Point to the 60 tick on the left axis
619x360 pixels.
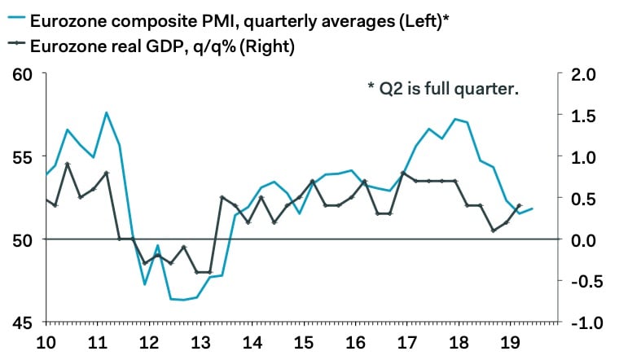point(22,74)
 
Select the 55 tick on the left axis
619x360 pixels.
point(22,156)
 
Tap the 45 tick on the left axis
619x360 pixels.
point(22,323)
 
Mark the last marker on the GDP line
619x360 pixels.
point(519,206)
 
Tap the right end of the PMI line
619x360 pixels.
point(533,209)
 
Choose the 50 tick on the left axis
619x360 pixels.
point(22,239)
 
